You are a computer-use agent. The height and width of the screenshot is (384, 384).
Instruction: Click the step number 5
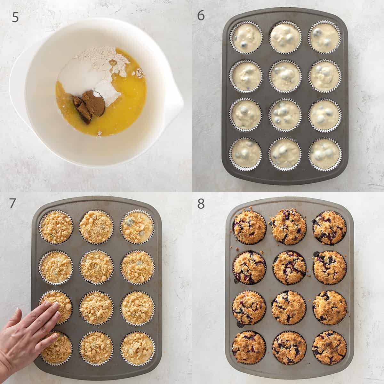15,17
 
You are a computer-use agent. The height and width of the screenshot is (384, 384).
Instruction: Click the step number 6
201,15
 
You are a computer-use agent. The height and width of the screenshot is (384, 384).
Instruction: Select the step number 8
201,204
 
